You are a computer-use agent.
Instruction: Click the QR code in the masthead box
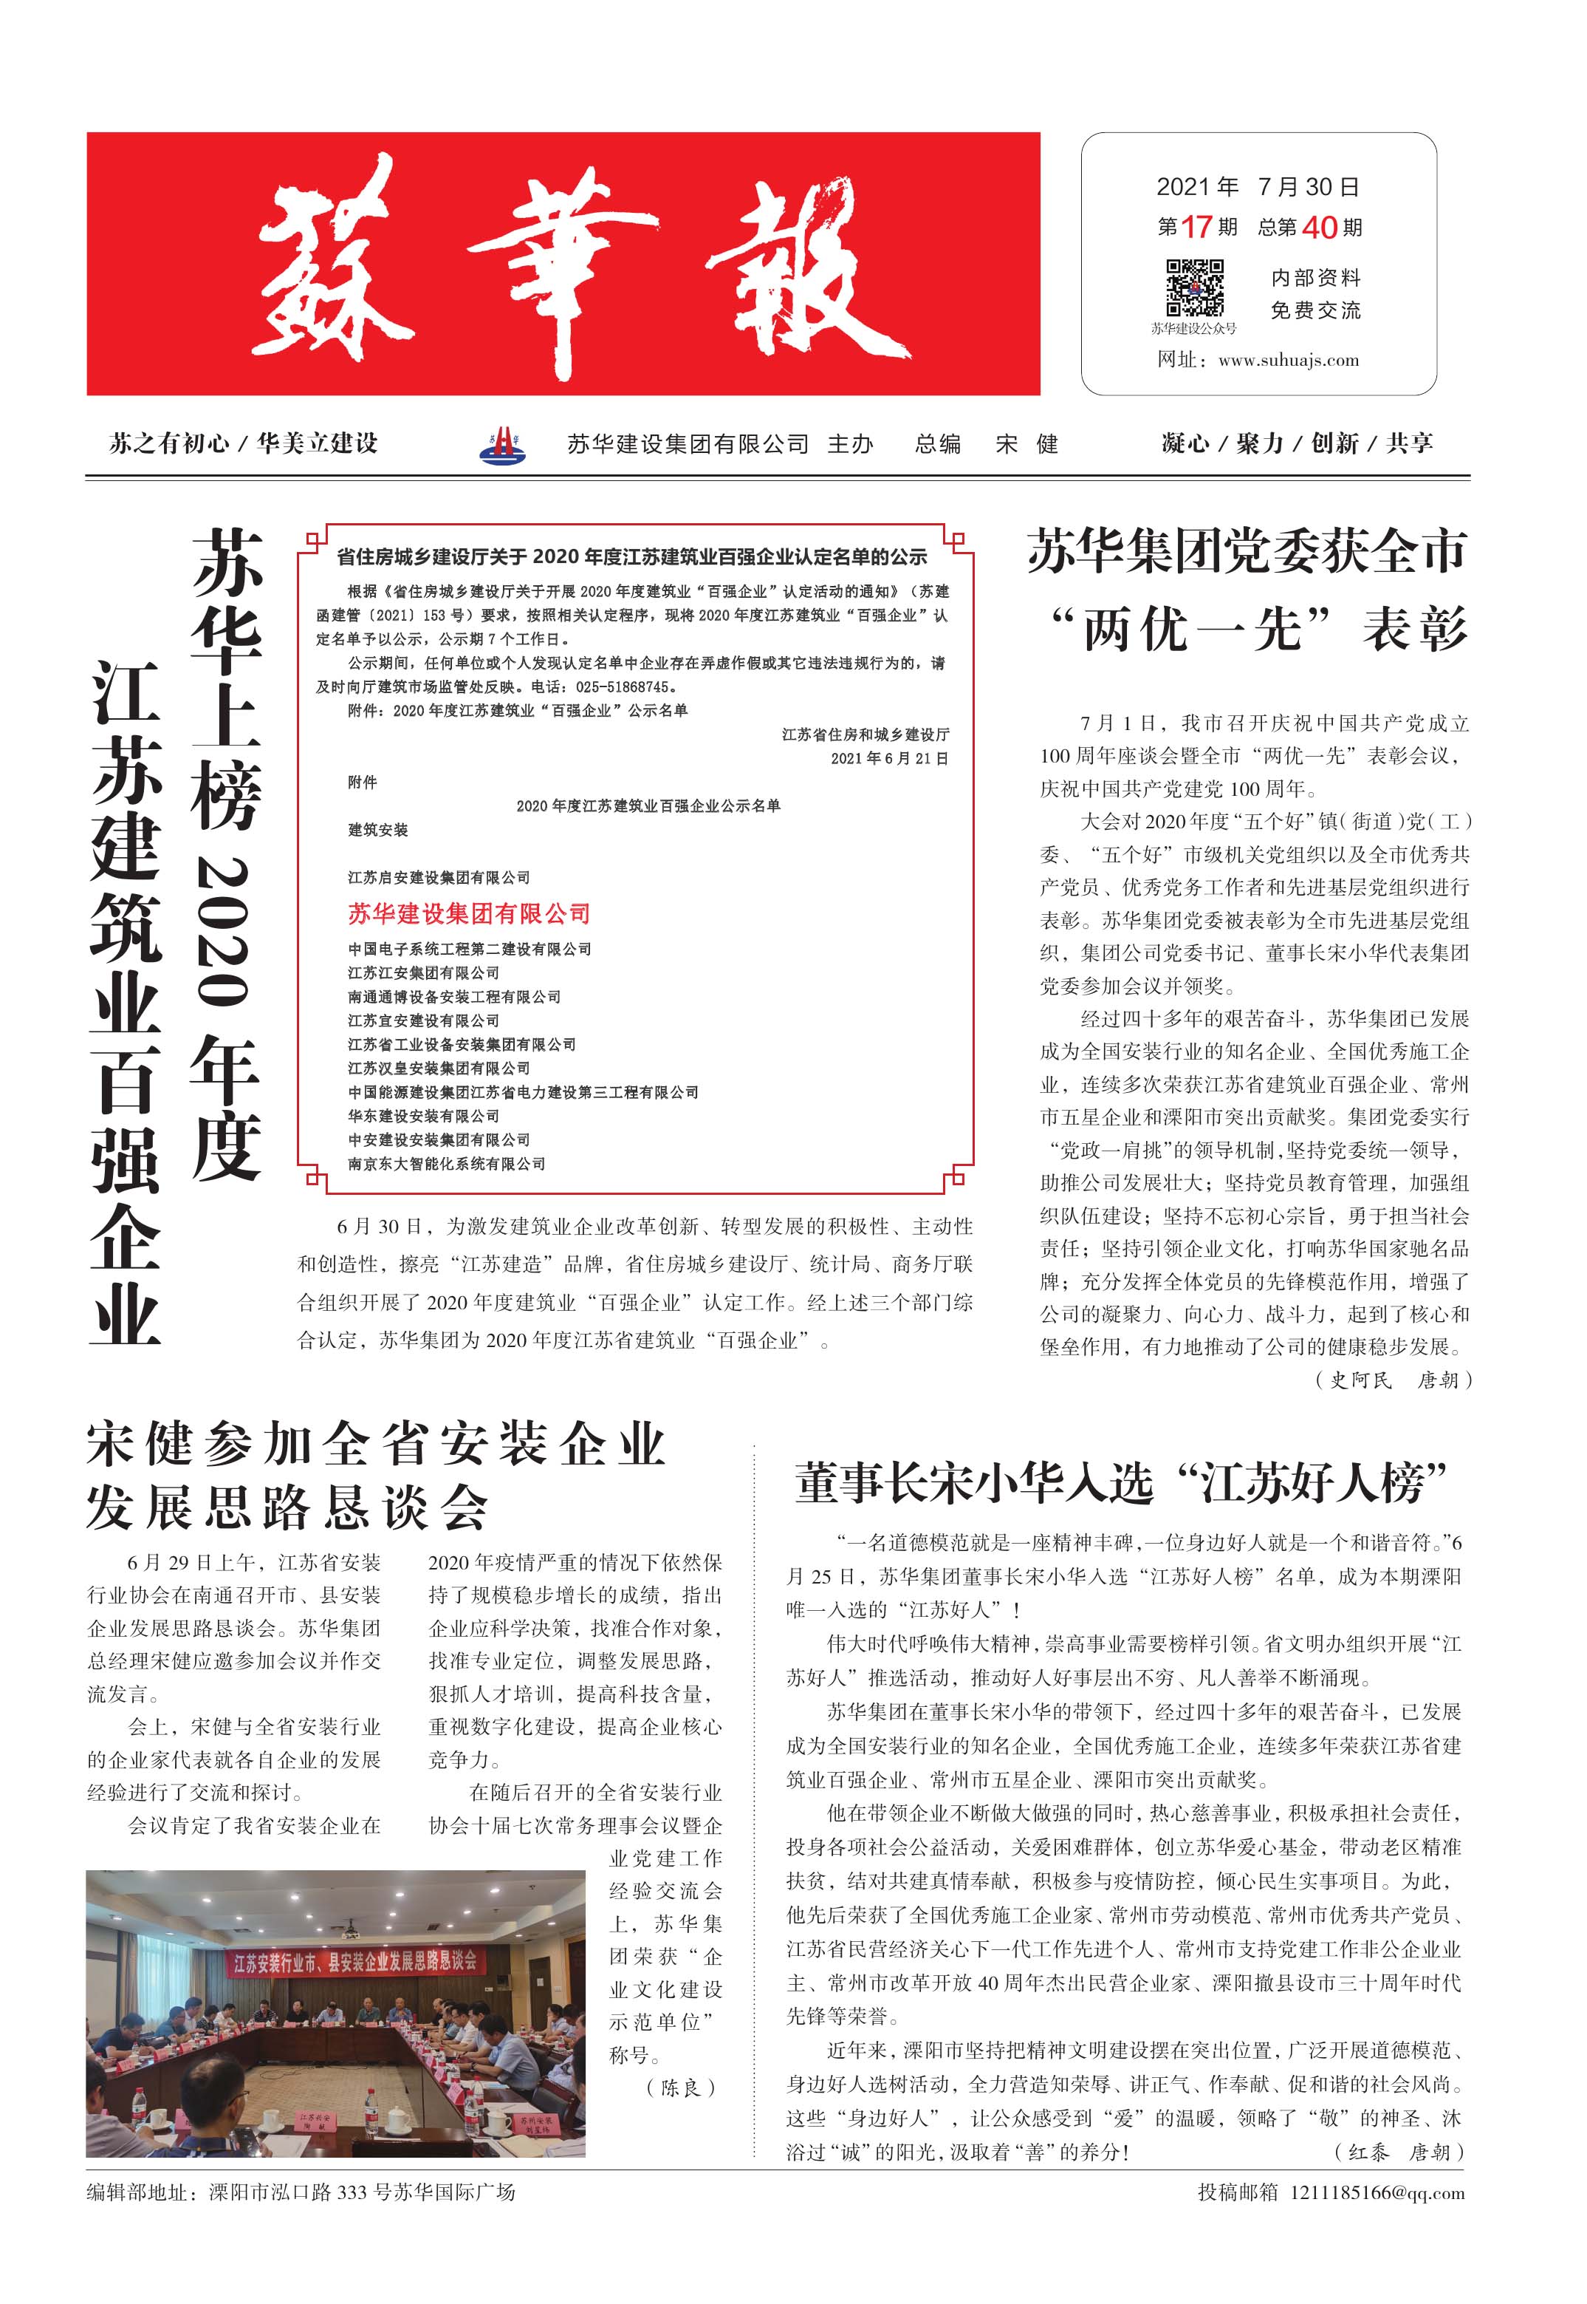tap(1194, 287)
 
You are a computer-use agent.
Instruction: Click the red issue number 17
tap(1196, 228)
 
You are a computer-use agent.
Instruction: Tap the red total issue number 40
tap(1318, 228)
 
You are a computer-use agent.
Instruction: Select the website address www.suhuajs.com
tap(1288, 360)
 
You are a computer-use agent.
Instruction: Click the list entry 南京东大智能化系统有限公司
tap(447, 1164)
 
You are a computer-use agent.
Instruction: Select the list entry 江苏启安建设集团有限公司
tap(439, 877)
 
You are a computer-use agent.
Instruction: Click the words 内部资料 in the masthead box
tap(1314, 278)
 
